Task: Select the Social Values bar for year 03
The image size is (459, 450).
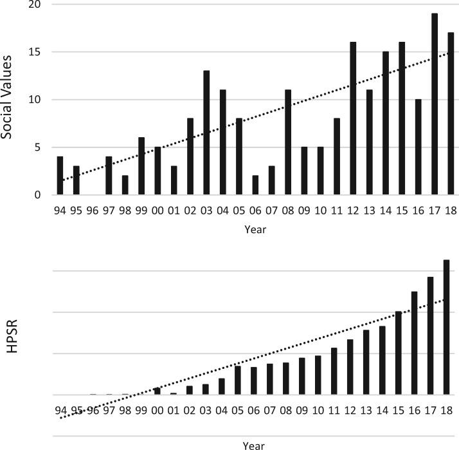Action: [206, 133]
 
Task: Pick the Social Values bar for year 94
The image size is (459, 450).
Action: [60, 176]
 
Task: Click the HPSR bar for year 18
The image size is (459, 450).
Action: [446, 328]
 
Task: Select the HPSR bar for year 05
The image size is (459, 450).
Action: [238, 380]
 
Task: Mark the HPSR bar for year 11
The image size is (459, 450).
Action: [334, 371]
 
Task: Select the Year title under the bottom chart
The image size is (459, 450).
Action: [253, 444]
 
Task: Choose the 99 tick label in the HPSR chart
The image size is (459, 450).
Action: [141, 409]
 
